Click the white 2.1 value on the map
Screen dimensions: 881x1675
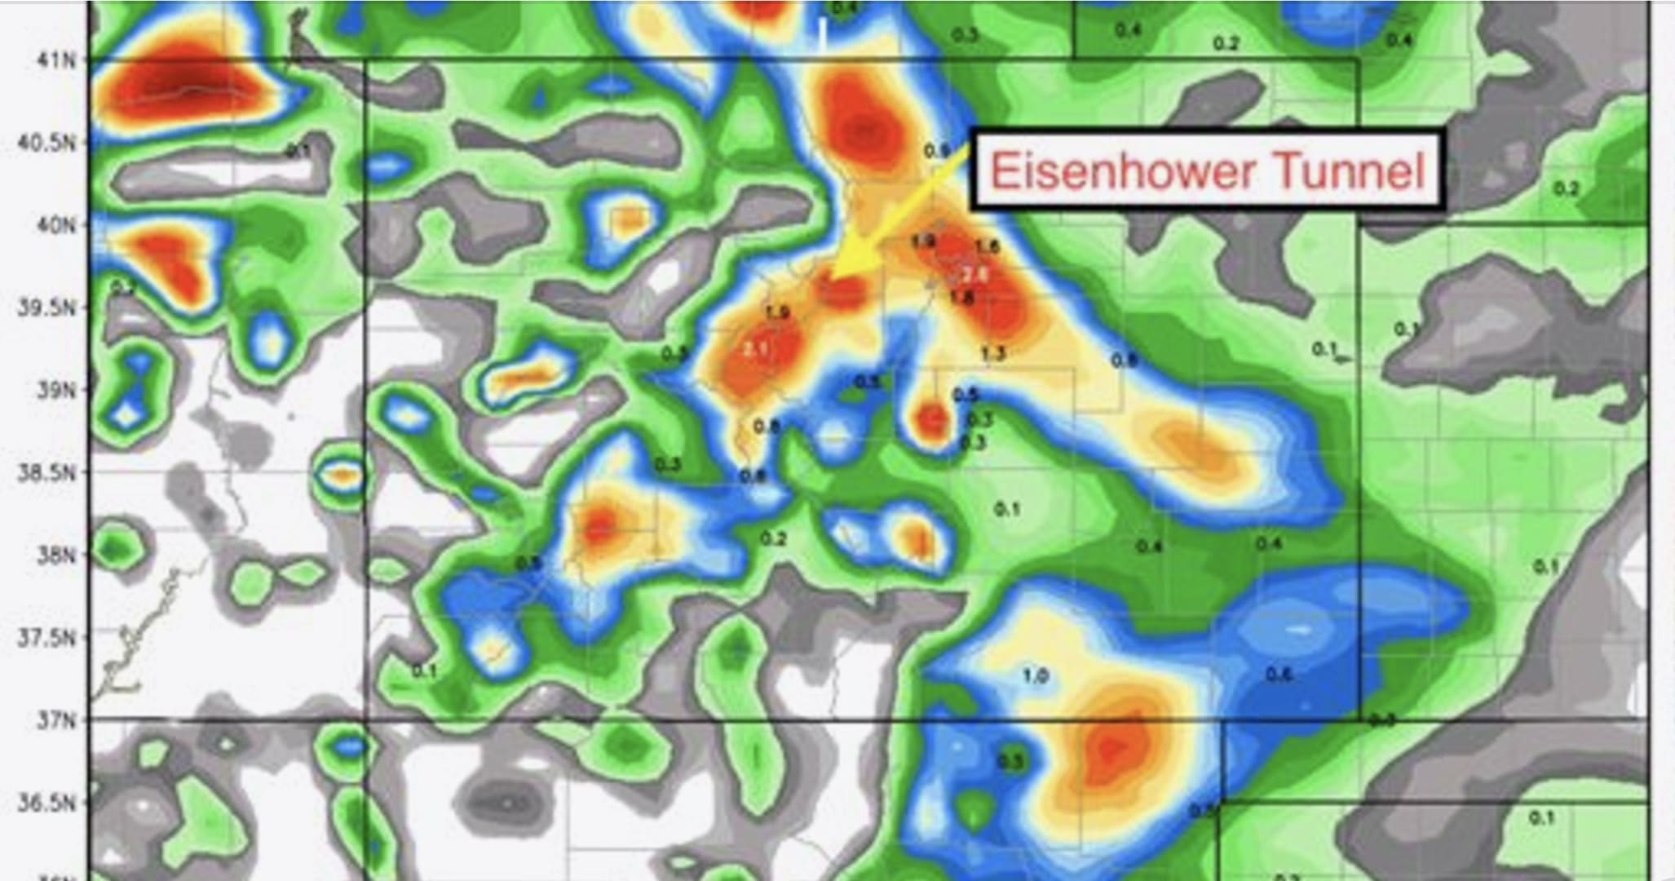[756, 349]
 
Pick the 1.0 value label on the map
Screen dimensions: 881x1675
[1035, 675]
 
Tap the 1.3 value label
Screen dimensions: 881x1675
[992, 354]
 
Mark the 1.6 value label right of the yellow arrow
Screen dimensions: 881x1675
[987, 246]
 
